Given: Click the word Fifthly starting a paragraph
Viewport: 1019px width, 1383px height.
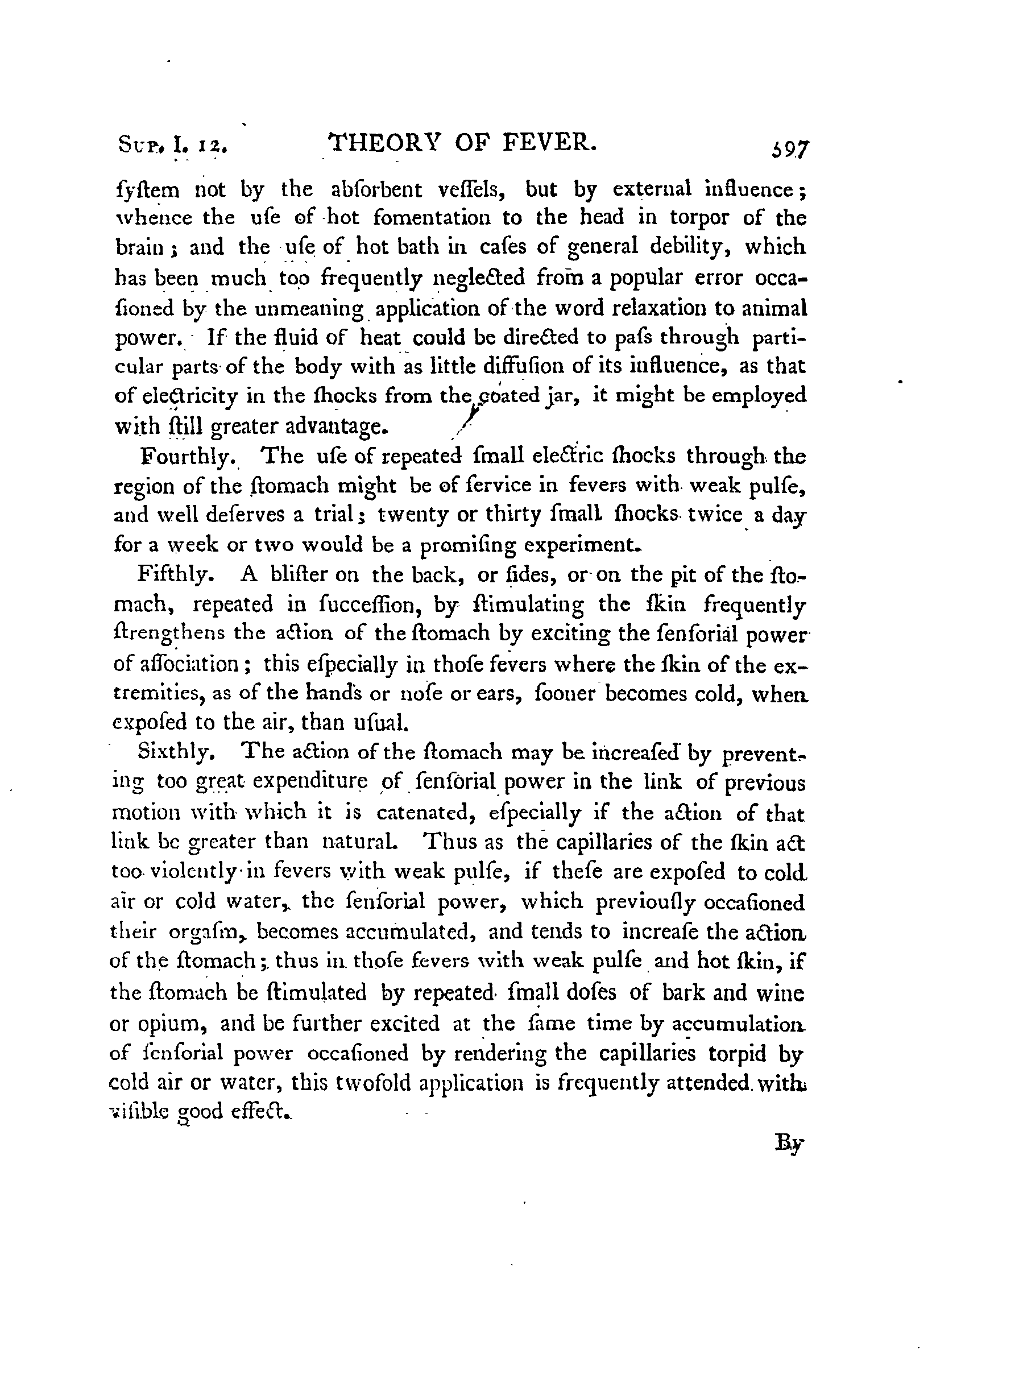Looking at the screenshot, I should click(x=176, y=575).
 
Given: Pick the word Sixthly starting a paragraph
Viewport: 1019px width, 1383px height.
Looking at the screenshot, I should click(x=176, y=752).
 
